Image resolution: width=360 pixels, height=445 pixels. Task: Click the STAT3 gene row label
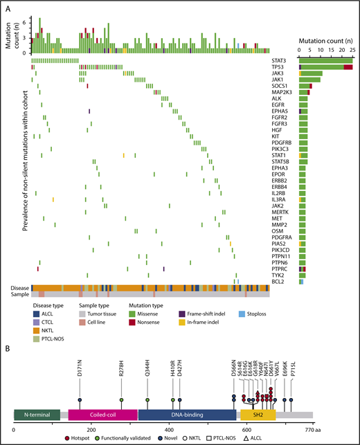pos(281,61)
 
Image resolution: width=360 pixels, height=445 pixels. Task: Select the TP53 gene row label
pos(280,67)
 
